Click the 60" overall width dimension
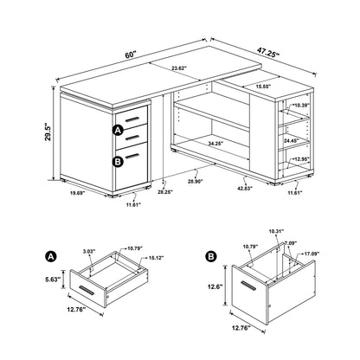click(x=131, y=55)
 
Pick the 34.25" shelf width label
click(x=204, y=140)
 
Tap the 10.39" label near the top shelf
click(x=299, y=106)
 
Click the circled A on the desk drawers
click(x=117, y=130)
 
